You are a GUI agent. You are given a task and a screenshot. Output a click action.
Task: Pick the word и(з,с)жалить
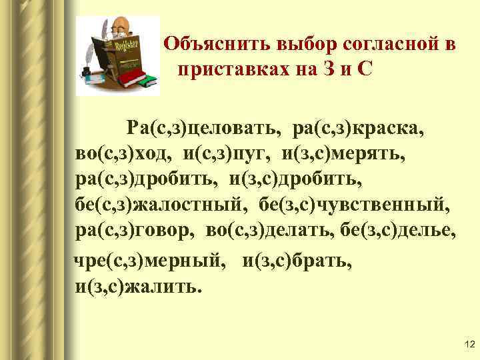coord(137,287)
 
